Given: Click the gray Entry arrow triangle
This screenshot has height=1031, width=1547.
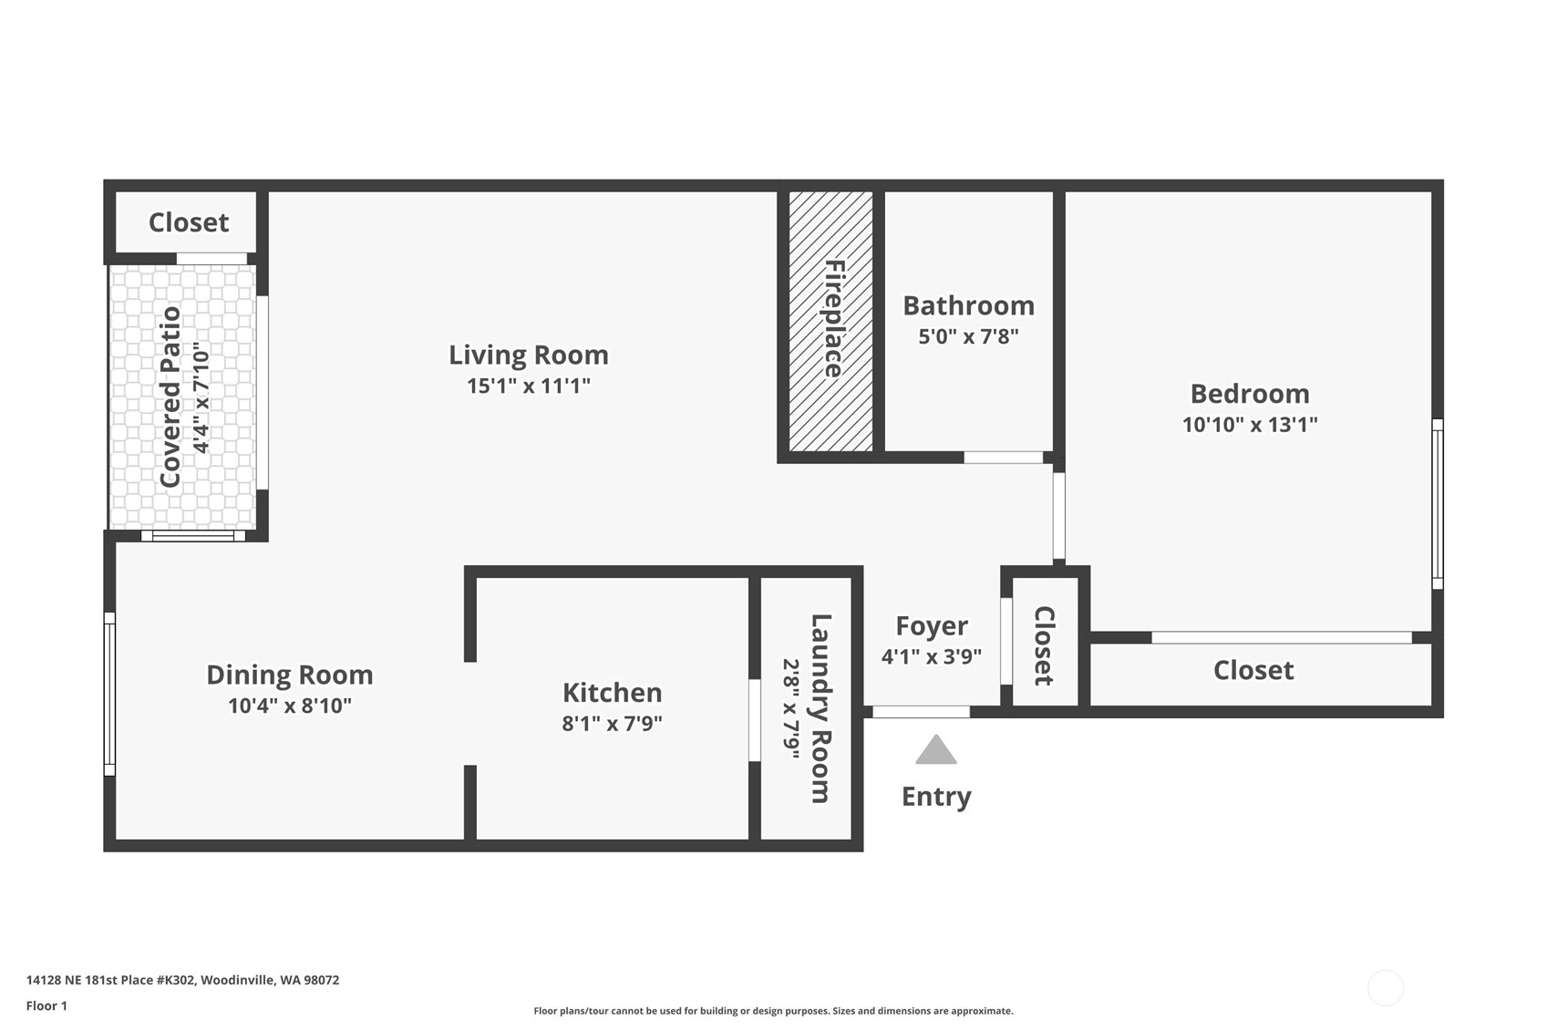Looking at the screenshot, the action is (936, 750).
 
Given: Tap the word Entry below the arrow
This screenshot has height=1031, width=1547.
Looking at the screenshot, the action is (936, 798).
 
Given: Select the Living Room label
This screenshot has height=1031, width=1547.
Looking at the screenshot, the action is (529, 355).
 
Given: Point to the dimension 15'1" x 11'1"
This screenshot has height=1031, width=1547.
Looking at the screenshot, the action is (529, 386).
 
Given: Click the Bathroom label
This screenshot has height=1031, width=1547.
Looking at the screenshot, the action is (968, 305).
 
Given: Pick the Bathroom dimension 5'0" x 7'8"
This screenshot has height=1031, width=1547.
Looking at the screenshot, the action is (968, 336).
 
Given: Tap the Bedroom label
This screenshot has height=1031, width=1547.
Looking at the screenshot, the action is (1249, 394).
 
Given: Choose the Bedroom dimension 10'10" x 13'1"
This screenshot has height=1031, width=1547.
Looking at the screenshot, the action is (1249, 424).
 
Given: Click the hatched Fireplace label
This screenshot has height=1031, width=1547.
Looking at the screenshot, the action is (834, 319).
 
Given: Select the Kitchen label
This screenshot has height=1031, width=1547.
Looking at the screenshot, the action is (612, 693).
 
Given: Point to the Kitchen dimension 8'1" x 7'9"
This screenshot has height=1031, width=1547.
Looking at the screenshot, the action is (612, 723).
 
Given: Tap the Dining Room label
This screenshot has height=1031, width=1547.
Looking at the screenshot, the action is (289, 675).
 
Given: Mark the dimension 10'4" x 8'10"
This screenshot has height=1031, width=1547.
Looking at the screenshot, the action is (289, 706).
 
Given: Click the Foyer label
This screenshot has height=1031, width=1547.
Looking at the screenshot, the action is (931, 626).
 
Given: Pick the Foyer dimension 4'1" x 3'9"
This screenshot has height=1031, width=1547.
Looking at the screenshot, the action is (931, 656).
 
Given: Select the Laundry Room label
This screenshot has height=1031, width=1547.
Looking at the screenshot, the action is (820, 708).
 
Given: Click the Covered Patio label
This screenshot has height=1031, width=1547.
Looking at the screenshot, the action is (170, 397).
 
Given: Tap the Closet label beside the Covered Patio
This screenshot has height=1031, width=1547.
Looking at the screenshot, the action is (189, 222).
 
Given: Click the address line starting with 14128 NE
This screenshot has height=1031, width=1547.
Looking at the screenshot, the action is (182, 980).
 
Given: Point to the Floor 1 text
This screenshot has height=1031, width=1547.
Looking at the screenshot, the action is (46, 1005).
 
